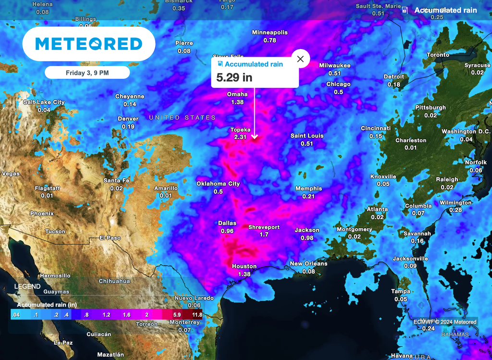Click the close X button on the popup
pos(300,59)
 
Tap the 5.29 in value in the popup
pos(234,77)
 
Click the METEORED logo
pos(89,44)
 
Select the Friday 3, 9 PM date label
pos(87,73)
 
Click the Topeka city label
pos(240,130)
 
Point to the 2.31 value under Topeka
pos(240,137)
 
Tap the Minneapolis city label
pos(270,33)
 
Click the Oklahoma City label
pos(218,184)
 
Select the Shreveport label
pos(264,227)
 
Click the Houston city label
pos(244,266)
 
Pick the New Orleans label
pos(308,263)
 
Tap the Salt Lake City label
pos(44,102)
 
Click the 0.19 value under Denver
pos(128,126)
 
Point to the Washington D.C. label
pos(466,132)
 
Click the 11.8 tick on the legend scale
pos(197,315)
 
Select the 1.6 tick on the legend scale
pos(127,315)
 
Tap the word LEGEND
pos(27,286)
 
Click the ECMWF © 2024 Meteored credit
pos(445,322)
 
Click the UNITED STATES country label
pos(182,118)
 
